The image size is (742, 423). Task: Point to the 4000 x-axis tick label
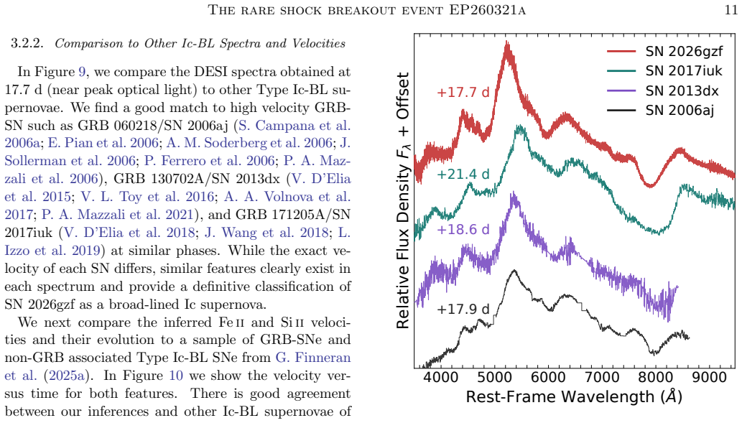441,378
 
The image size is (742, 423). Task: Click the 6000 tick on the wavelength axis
548,378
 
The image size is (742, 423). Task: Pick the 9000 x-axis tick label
709,378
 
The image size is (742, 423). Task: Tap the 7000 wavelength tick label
602,378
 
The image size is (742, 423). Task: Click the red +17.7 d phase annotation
463,92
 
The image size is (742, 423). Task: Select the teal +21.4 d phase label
463,174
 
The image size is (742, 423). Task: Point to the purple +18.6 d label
463,230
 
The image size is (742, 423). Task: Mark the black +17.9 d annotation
463,309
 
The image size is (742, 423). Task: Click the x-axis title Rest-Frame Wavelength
574,396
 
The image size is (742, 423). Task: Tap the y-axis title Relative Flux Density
403,200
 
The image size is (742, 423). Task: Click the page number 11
731,9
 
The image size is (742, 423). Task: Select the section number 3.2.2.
27,44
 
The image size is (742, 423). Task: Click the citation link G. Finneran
313,358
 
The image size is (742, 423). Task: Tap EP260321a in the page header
487,9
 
